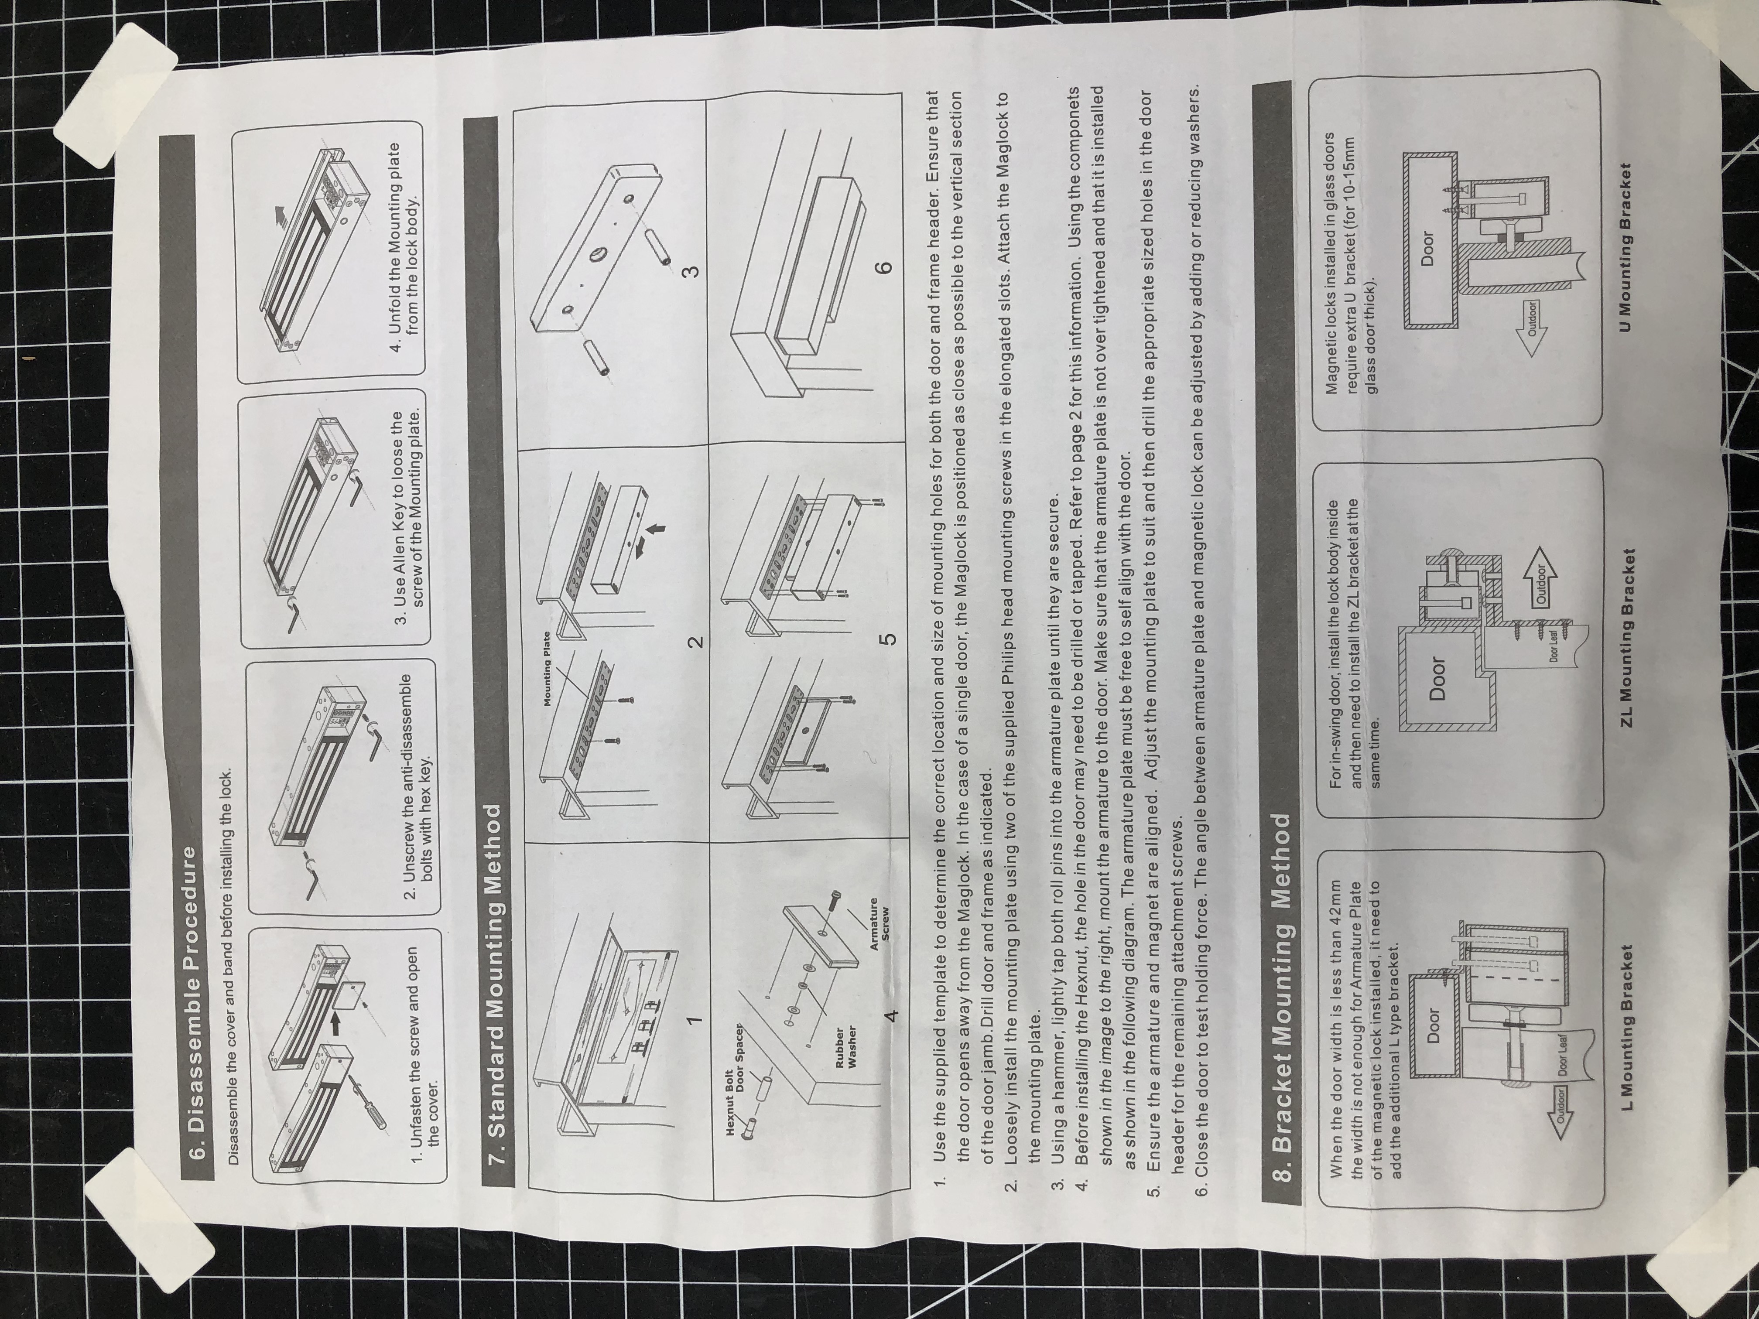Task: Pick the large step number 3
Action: (x=692, y=270)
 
